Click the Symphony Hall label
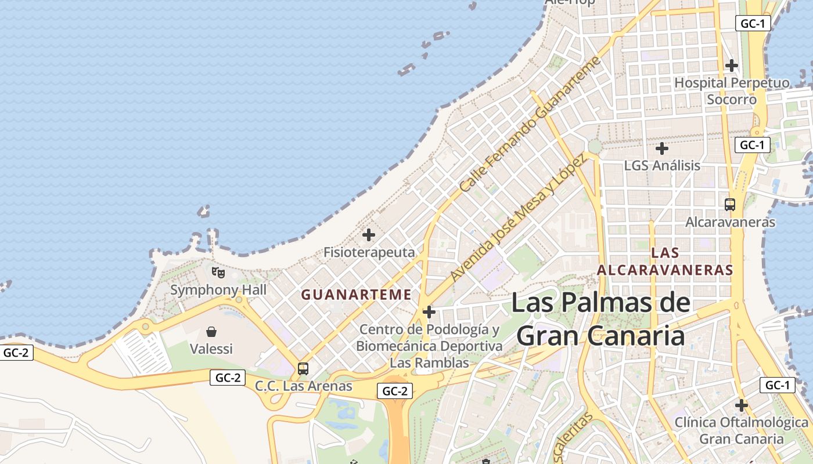tap(218, 290)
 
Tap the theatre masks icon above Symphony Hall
tap(218, 271)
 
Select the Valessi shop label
tap(211, 349)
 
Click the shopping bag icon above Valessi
tap(211, 332)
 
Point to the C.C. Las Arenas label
tap(304, 386)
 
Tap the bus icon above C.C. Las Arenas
tap(303, 368)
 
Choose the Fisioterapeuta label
tap(369, 252)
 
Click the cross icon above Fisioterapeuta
tap(369, 235)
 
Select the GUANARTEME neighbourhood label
tap(356, 295)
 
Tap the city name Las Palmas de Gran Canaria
tap(600, 319)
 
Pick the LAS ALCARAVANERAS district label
tap(665, 262)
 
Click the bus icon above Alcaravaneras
tap(730, 204)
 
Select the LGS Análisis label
tap(662, 166)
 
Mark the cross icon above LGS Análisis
tap(662, 149)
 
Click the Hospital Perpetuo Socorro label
tap(732, 91)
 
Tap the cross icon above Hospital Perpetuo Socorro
tap(732, 65)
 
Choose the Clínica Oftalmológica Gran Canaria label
tap(741, 430)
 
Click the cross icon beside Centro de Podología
tap(429, 313)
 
